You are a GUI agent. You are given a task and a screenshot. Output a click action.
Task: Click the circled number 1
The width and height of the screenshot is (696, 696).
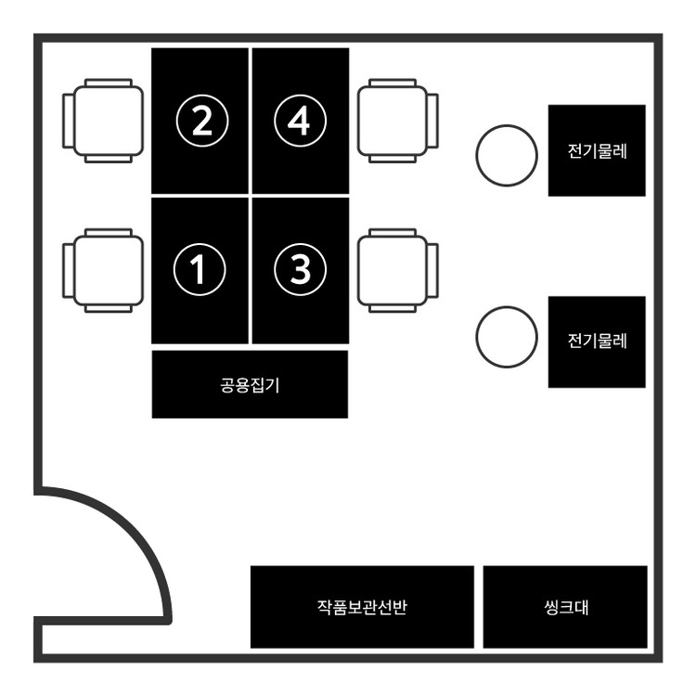click(200, 269)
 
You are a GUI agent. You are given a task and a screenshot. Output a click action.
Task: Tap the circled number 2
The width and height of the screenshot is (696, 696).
click(200, 121)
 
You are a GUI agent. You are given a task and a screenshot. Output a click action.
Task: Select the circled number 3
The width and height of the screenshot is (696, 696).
click(301, 269)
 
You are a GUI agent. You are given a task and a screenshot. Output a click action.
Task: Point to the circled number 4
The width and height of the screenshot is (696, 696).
click(301, 121)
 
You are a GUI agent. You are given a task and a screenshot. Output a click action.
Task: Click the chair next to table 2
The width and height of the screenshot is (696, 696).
click(104, 121)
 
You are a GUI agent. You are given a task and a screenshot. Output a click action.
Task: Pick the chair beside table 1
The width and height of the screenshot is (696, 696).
click(104, 270)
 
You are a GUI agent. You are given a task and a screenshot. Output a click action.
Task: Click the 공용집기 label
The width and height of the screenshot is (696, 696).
click(250, 385)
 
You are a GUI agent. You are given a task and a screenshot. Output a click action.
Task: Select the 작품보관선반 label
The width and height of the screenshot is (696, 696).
click(363, 608)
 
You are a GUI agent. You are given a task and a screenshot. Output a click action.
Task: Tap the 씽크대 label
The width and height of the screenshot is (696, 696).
click(565, 608)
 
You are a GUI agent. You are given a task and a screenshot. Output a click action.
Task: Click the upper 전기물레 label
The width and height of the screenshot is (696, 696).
click(597, 150)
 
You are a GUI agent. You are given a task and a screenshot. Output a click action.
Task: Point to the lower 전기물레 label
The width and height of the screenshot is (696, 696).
click(597, 342)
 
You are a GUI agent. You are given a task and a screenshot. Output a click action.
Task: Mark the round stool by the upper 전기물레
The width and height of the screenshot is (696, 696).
click(507, 155)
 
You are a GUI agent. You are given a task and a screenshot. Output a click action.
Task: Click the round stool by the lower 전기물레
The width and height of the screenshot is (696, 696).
click(507, 336)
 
